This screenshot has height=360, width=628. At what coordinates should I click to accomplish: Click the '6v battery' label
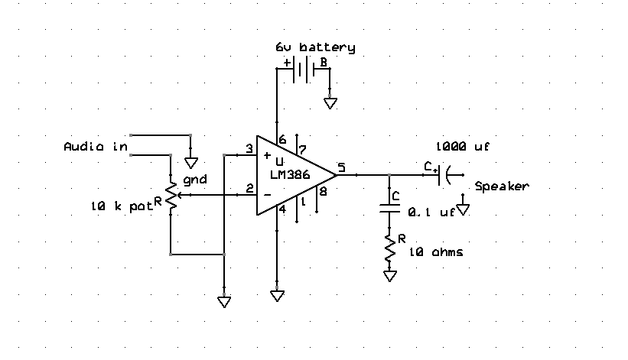click(x=315, y=47)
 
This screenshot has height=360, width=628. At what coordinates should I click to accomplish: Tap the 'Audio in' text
click(x=96, y=147)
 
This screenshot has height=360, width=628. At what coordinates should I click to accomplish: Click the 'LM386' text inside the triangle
click(x=290, y=175)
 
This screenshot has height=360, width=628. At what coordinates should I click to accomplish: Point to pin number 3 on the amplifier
click(x=249, y=149)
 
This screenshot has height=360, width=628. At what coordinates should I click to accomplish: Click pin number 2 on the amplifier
click(x=249, y=188)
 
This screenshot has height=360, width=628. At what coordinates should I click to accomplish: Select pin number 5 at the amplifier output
click(x=341, y=167)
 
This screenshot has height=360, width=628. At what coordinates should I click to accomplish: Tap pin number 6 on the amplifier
click(x=282, y=140)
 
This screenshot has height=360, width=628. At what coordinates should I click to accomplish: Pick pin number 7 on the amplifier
click(x=302, y=150)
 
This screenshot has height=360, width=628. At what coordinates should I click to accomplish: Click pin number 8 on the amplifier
click(x=323, y=192)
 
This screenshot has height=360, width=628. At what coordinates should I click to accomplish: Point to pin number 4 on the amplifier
click(x=282, y=209)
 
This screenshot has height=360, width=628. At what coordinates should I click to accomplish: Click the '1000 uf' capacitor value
click(x=463, y=147)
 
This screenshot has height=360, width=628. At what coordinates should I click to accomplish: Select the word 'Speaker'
click(x=502, y=186)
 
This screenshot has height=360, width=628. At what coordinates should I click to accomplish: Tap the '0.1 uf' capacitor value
click(x=431, y=212)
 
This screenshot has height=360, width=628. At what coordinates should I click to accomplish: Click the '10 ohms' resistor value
click(x=436, y=252)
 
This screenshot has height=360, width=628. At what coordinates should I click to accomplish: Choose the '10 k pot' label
click(x=122, y=206)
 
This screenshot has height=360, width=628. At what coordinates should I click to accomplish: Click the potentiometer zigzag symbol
click(x=171, y=195)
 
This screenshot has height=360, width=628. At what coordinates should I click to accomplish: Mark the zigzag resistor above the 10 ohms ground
click(x=389, y=248)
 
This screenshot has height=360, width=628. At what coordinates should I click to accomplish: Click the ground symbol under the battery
click(x=330, y=104)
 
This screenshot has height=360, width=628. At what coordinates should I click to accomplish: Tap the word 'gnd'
click(x=195, y=180)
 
